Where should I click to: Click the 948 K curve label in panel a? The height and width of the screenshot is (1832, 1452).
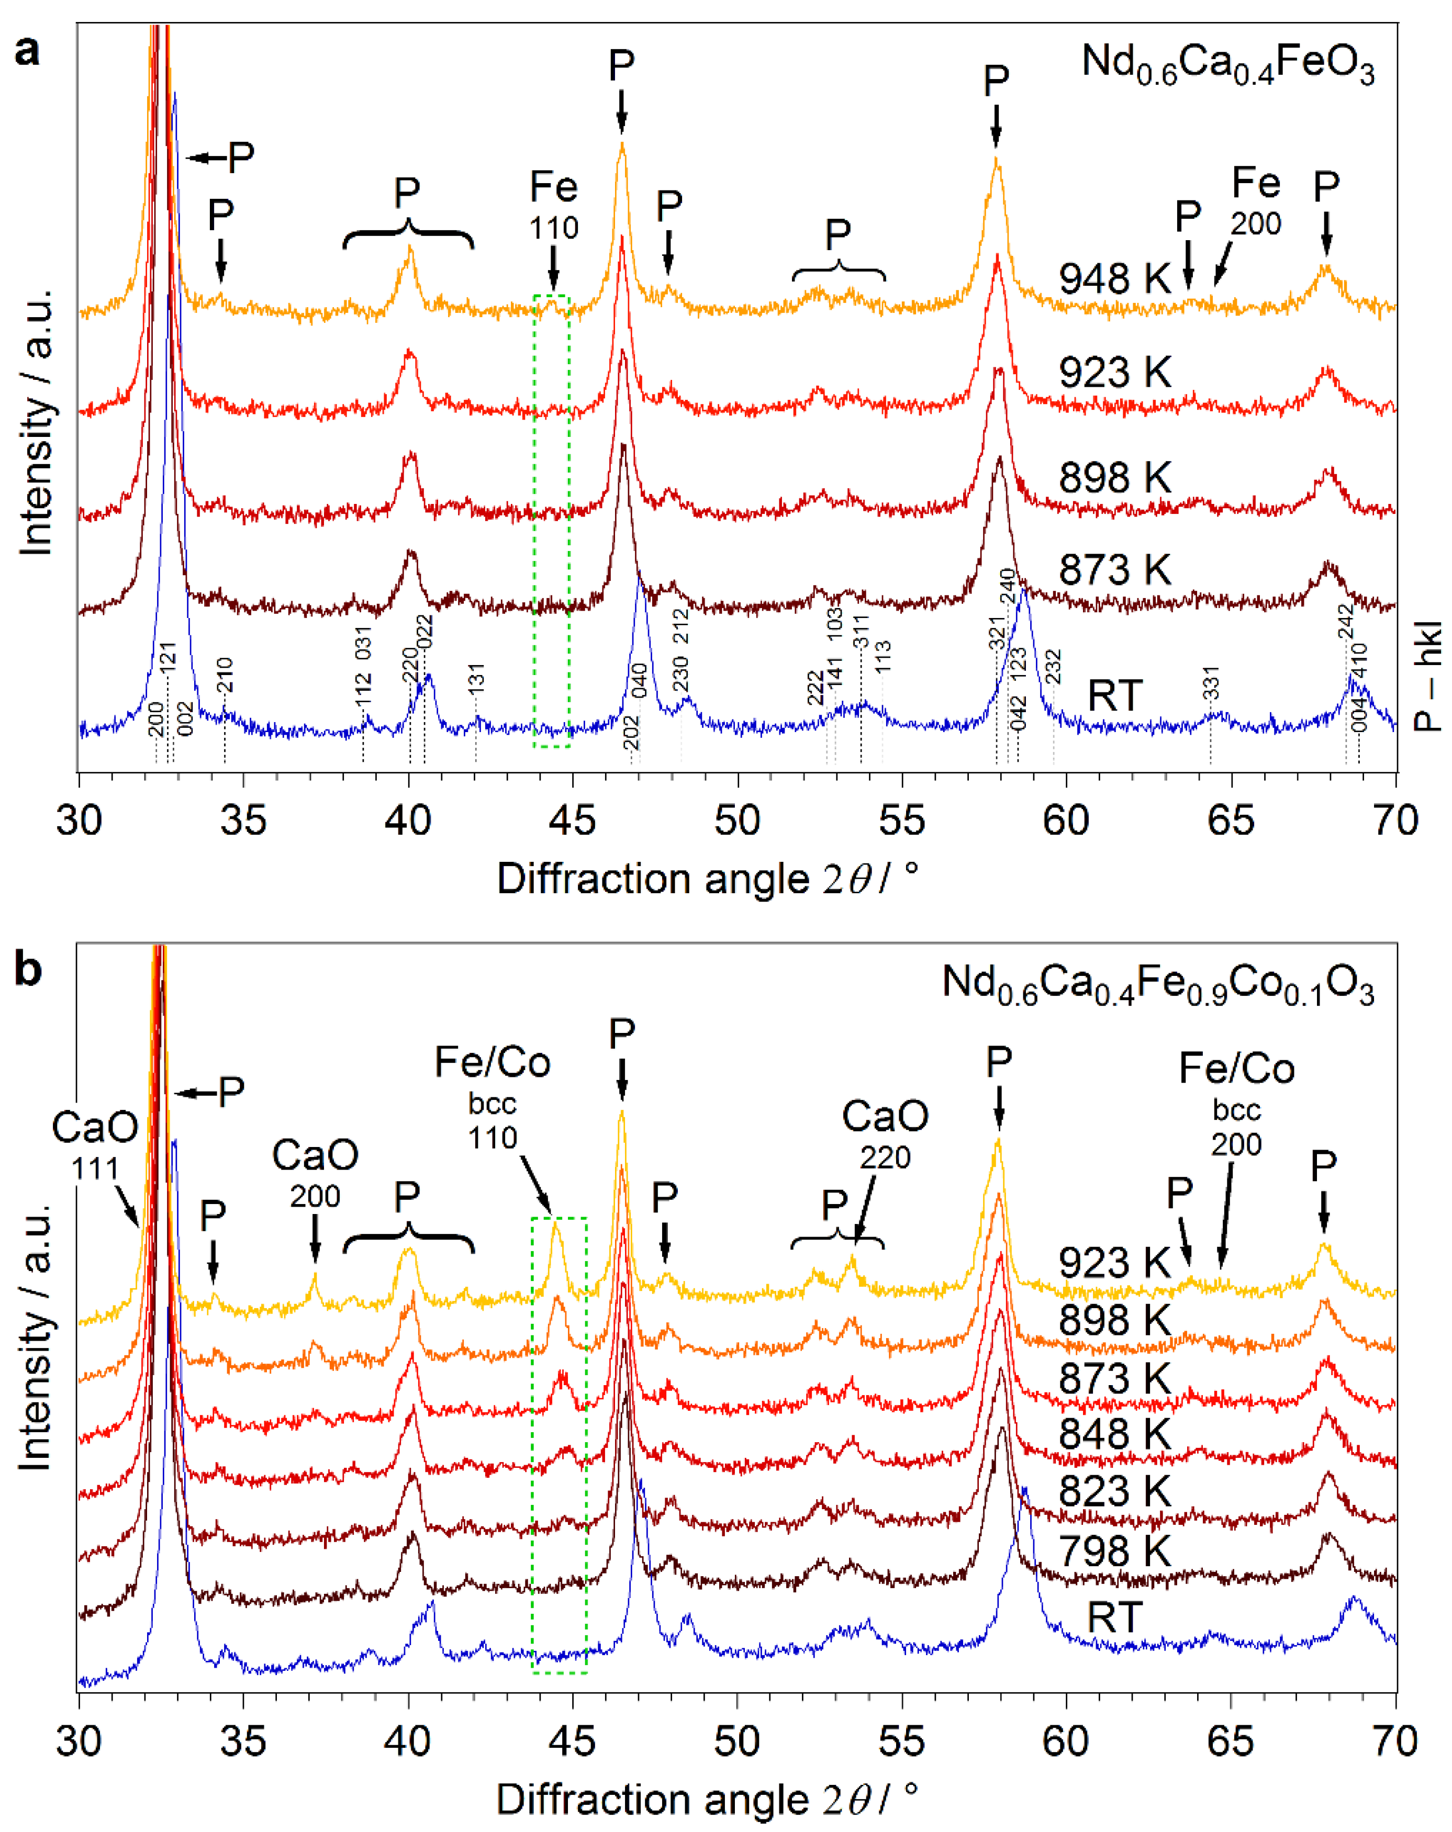click(1114, 279)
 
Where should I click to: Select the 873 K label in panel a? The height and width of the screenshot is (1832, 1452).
click(1114, 569)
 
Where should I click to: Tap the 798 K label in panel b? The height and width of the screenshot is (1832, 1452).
click(1114, 1552)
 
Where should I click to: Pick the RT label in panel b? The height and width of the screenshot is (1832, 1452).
click(1114, 1618)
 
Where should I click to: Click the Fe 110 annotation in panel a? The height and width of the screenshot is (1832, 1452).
click(553, 206)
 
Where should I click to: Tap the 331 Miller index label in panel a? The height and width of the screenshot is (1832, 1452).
click(1211, 683)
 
